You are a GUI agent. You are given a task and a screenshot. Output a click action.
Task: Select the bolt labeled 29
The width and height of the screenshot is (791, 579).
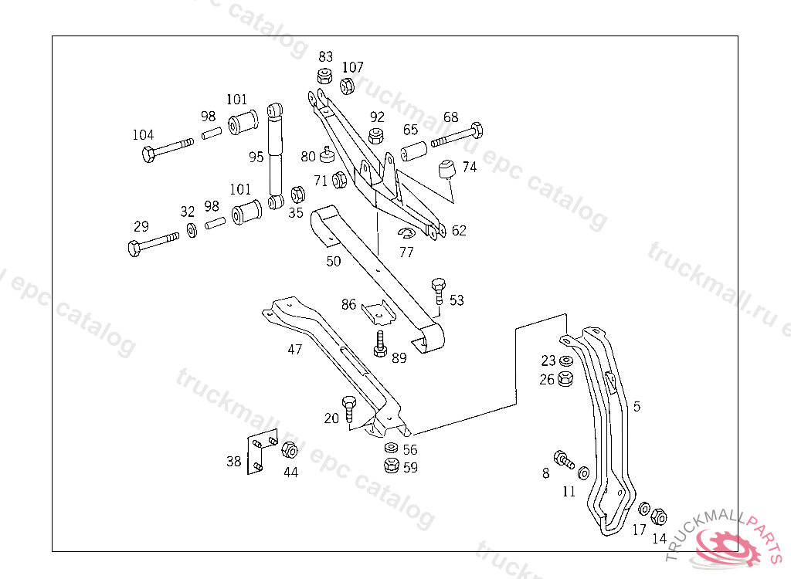(154, 245)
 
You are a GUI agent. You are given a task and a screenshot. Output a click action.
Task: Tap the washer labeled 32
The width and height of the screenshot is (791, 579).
(191, 230)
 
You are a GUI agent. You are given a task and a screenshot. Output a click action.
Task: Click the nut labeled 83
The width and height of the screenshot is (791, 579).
(324, 76)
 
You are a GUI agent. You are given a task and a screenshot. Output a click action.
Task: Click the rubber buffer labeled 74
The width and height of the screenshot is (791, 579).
(447, 169)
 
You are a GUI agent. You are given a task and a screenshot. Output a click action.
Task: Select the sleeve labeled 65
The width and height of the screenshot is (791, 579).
(415, 151)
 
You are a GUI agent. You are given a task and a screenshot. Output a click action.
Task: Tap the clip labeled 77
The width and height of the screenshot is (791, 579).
(407, 234)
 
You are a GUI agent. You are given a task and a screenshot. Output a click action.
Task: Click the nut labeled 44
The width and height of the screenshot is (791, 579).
(290, 450)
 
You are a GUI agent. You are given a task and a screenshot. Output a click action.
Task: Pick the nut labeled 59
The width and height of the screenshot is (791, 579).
(391, 466)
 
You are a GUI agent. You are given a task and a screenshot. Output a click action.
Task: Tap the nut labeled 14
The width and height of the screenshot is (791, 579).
(659, 516)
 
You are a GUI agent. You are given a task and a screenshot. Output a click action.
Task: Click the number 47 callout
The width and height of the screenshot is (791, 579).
(294, 350)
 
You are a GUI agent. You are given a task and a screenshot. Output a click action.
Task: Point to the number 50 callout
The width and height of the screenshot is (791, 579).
(333, 262)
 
